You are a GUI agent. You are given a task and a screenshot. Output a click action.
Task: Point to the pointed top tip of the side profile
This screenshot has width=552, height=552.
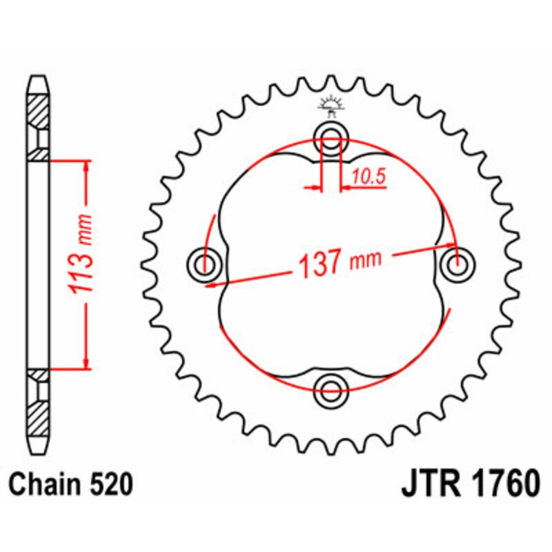(39, 76)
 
